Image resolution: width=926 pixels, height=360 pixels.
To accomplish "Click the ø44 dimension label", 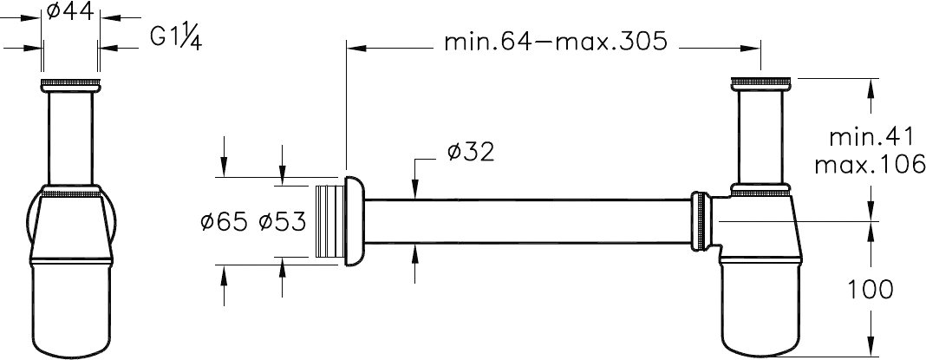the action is click(x=70, y=10).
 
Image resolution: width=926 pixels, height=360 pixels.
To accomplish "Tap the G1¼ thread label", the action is click(x=175, y=39).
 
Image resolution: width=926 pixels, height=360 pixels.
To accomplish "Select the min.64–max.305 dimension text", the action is click(x=556, y=42).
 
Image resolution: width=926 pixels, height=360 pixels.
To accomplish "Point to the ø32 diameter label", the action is click(x=471, y=153).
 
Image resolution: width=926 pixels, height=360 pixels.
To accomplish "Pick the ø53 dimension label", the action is click(x=283, y=222).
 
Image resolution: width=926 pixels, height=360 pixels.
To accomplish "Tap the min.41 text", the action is click(x=872, y=138).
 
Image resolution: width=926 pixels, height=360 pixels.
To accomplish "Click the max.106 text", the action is click(x=870, y=164).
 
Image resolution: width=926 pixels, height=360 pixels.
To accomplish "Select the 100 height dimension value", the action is click(x=871, y=290).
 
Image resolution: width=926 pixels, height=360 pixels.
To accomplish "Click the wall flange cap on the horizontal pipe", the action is click(x=354, y=221).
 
